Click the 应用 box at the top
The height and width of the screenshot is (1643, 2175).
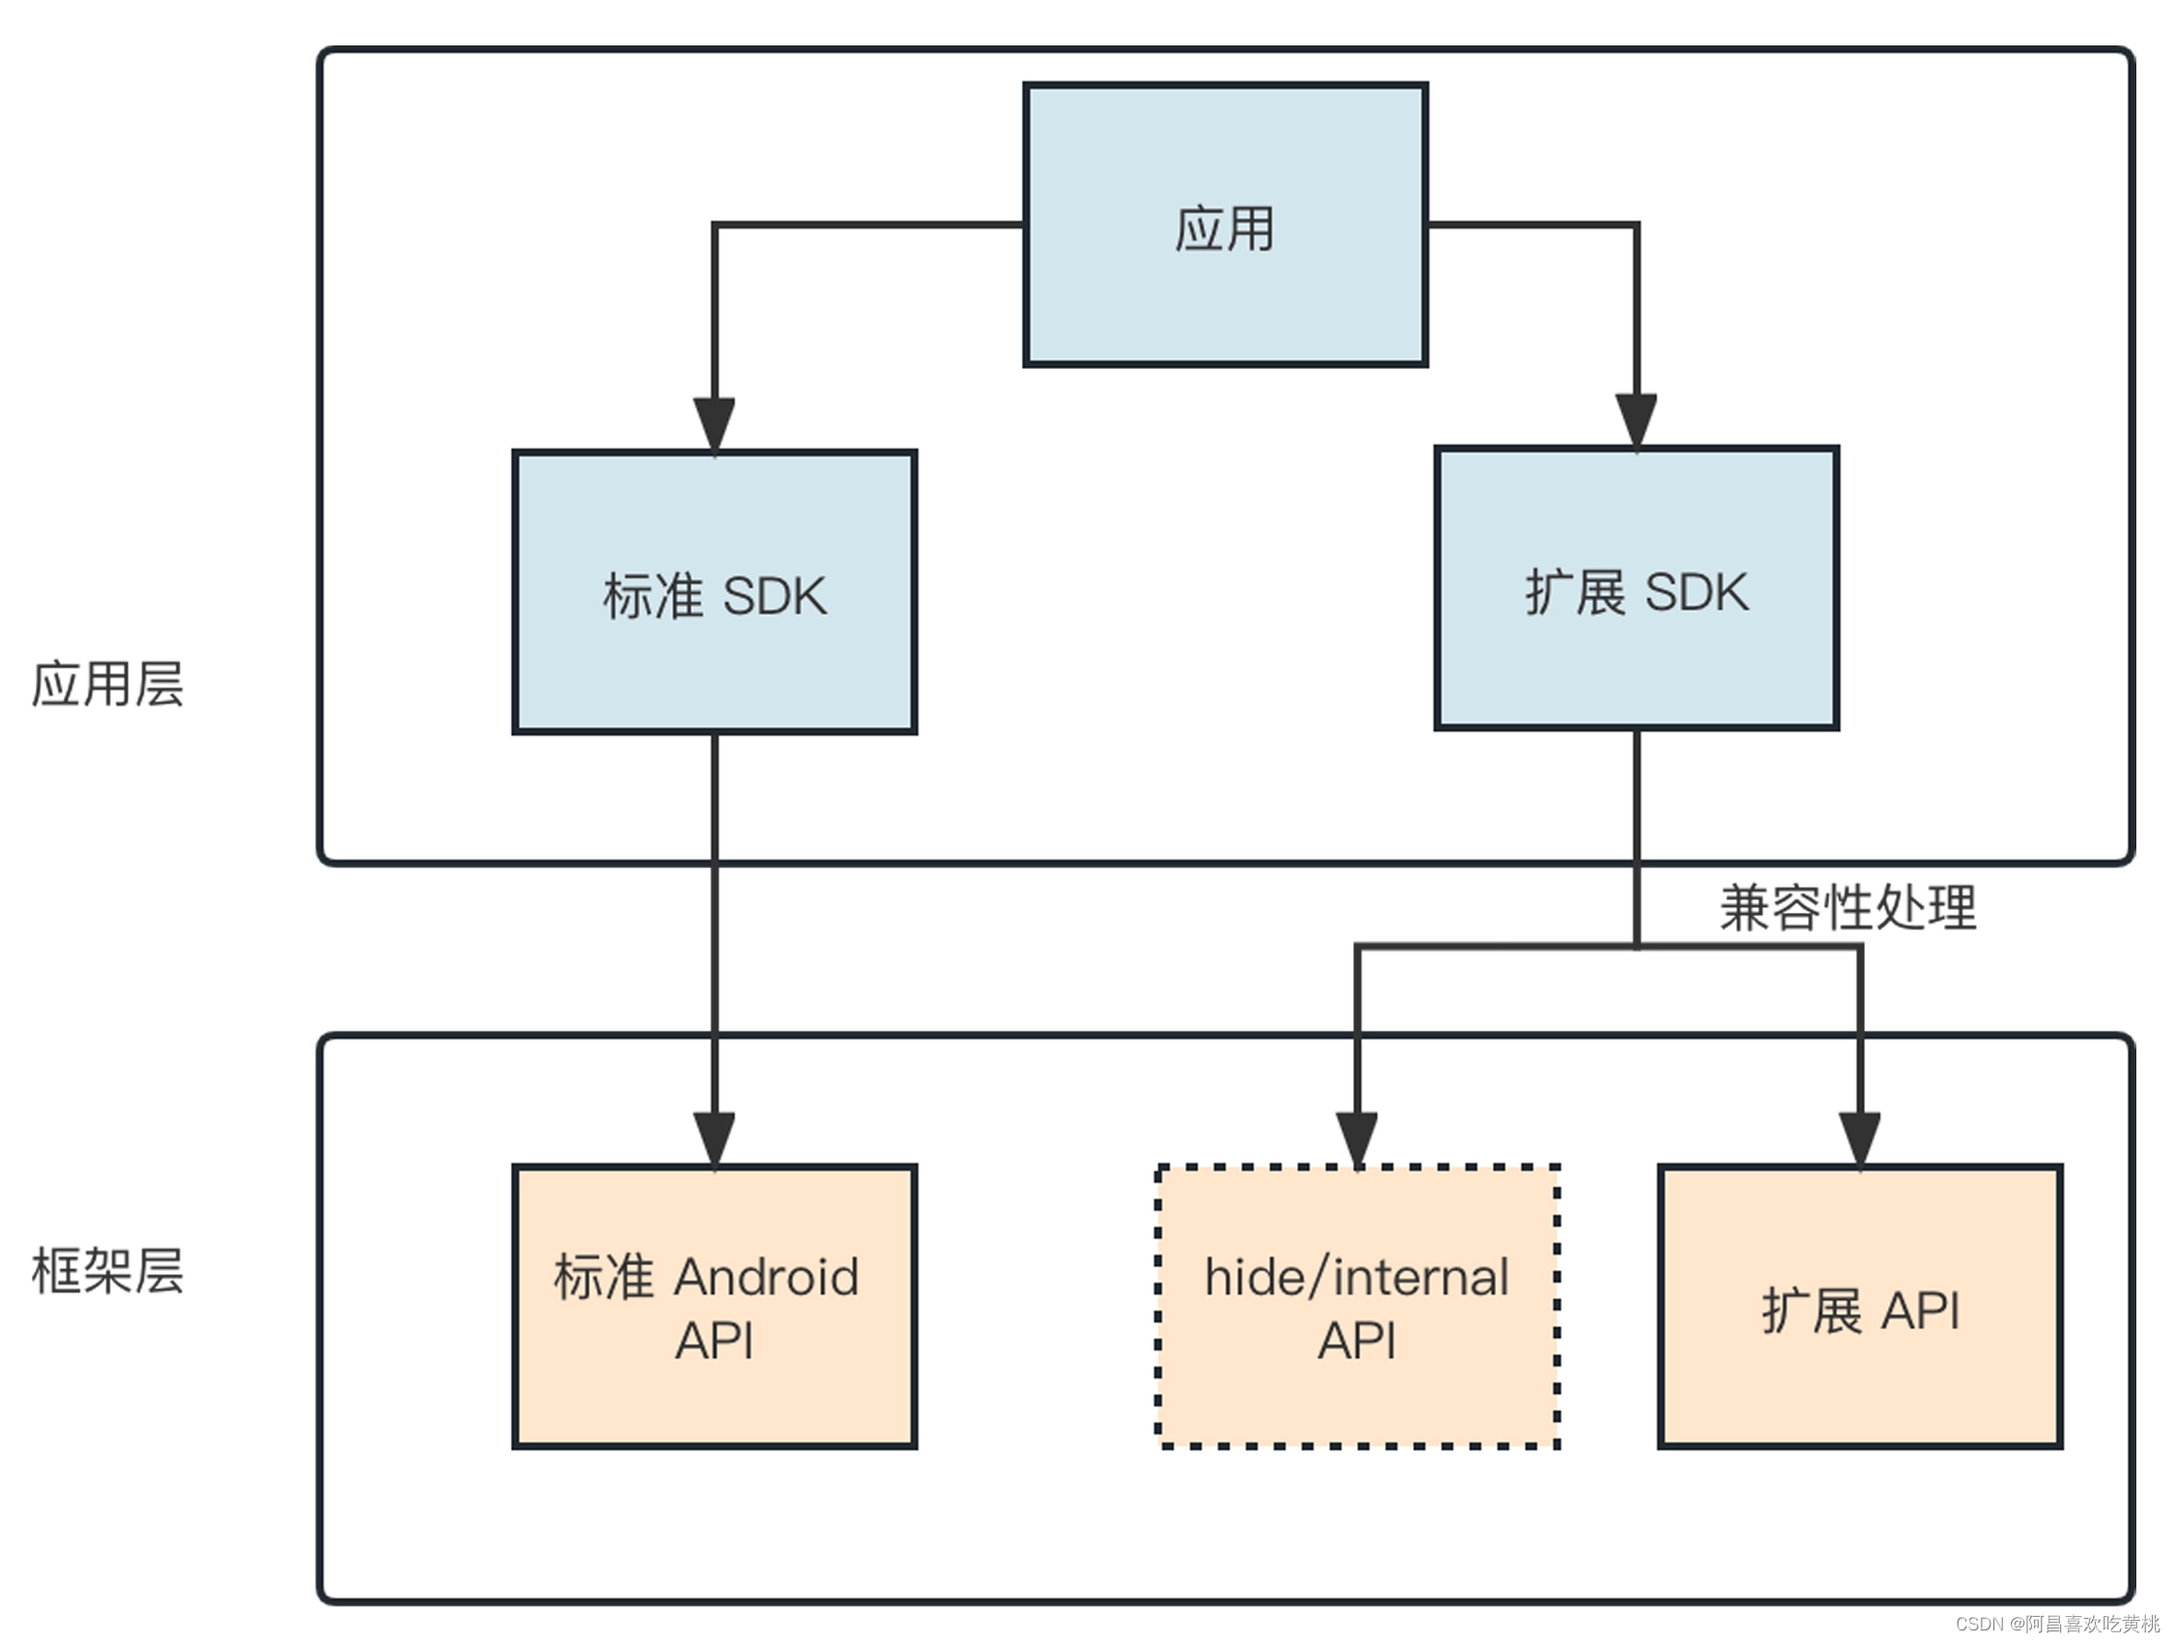1226,225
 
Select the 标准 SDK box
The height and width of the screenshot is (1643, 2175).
715,592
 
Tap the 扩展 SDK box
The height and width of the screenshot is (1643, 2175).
1636,588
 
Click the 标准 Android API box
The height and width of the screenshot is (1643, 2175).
715,1307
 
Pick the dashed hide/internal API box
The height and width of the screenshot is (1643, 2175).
1357,1307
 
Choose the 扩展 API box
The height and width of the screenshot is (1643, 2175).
1859,1307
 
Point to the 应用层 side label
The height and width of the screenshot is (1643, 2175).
107,684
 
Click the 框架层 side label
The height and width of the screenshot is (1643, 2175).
107,1270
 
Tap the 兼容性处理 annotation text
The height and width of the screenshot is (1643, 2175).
1848,907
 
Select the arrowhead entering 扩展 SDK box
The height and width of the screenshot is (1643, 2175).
1636,421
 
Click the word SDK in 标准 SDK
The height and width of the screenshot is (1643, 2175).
775,596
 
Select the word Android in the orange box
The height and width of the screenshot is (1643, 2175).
767,1277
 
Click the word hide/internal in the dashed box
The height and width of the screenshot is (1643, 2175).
1357,1277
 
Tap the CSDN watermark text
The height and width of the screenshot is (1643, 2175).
2057,1624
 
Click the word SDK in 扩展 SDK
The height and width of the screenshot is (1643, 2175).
1696,592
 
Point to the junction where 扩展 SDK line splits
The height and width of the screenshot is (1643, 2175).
1636,947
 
